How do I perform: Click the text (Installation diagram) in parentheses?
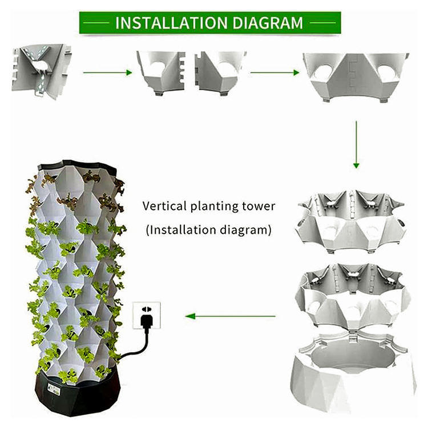tap(209, 231)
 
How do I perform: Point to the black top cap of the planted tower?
tap(78, 166)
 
